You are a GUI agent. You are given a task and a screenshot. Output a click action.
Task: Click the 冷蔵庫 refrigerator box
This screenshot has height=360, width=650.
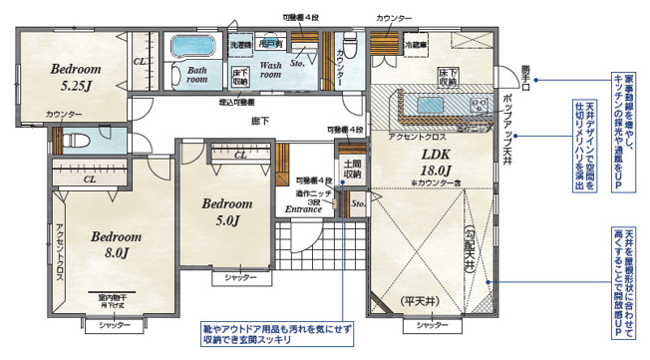click(416, 45)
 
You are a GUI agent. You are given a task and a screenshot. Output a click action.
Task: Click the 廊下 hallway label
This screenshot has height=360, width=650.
click(260, 121)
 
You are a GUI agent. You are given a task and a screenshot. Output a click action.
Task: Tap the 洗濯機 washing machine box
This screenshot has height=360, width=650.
click(240, 46)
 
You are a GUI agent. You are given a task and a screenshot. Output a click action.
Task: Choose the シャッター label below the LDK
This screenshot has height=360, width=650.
click(433, 325)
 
